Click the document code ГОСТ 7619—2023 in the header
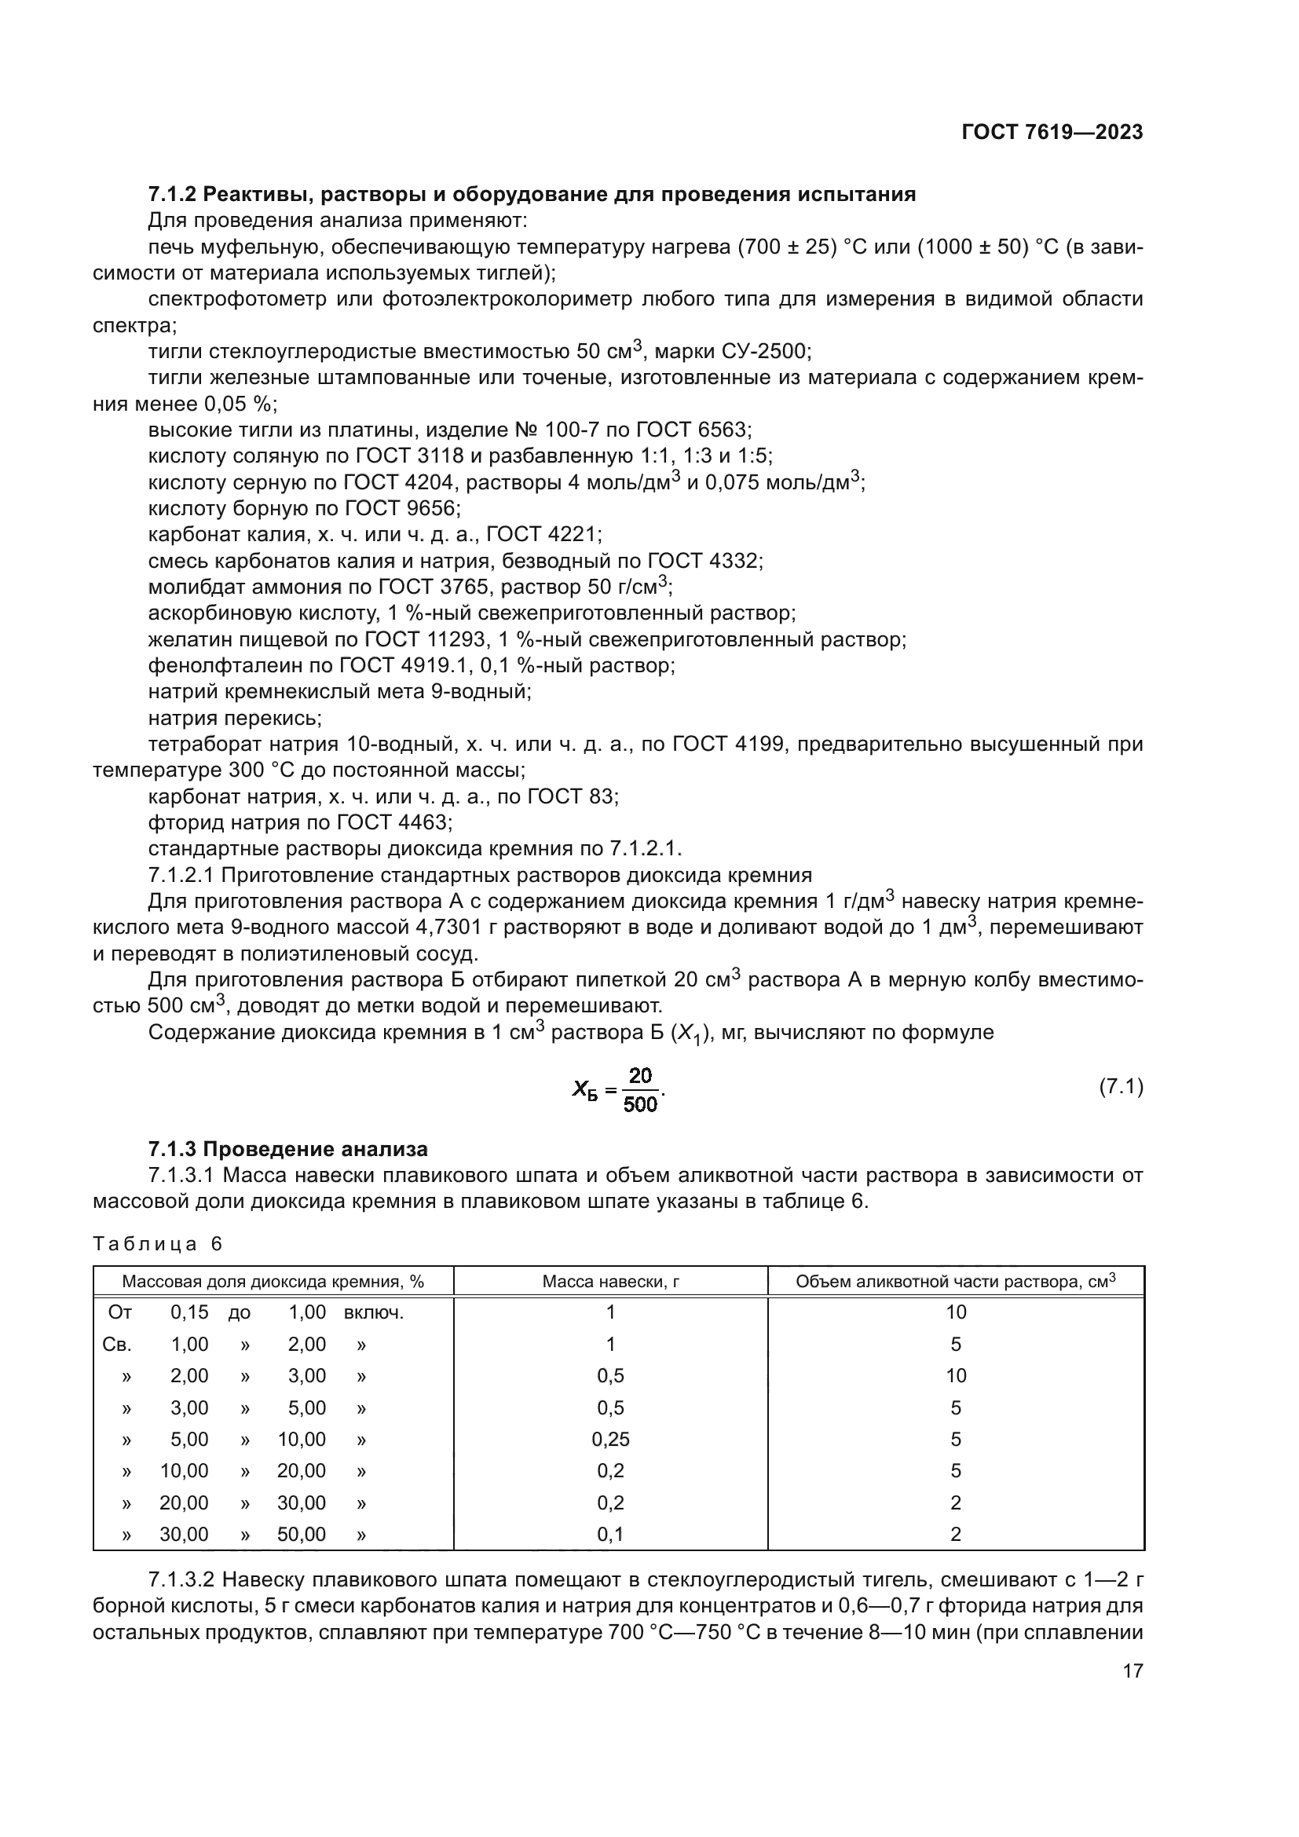1052,132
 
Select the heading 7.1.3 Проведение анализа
288,1149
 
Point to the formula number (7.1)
1121,1086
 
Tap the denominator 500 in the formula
640,1105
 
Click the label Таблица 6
158,1244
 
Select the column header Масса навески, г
610,1282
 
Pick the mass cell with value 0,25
610,1440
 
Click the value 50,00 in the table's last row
302,1535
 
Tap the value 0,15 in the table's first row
189,1312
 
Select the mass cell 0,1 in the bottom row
610,1535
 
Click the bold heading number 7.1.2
172,195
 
